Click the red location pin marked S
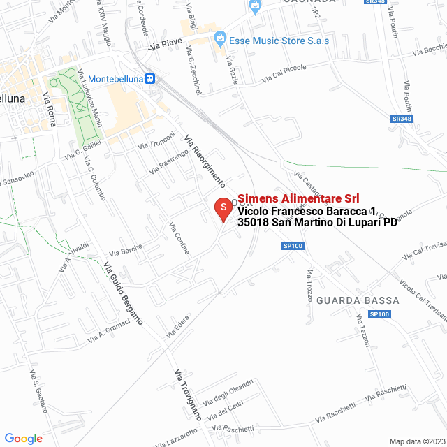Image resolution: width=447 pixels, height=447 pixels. click(222, 208)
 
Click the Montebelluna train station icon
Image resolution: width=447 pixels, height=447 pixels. click(149, 79)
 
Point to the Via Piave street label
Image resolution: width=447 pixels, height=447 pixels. click(166, 46)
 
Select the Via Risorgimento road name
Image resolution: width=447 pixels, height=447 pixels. click(204, 161)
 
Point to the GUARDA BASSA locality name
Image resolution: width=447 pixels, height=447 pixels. click(358, 300)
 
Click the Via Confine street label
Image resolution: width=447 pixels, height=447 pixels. click(179, 238)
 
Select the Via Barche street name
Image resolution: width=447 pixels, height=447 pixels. click(126, 250)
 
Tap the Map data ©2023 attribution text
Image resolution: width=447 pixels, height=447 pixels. click(416, 441)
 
